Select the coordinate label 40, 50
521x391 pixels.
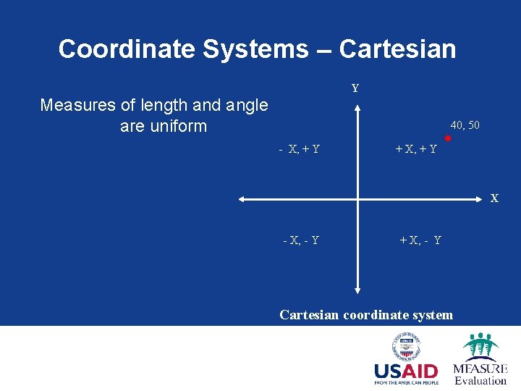(465, 125)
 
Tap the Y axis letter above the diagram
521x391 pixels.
(355, 88)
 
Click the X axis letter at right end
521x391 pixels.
(495, 198)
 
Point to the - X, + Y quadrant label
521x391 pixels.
(300, 149)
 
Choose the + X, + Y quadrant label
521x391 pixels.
(415, 149)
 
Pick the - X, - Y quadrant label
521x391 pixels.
(300, 240)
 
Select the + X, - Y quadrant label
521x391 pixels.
(420, 240)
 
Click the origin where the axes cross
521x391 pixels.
(357, 198)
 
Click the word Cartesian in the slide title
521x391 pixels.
(397, 49)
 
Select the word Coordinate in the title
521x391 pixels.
(127, 49)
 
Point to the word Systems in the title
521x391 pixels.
(255, 49)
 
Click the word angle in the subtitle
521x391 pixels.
(245, 106)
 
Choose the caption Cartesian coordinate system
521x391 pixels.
(366, 315)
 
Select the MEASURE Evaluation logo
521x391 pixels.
(480, 358)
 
